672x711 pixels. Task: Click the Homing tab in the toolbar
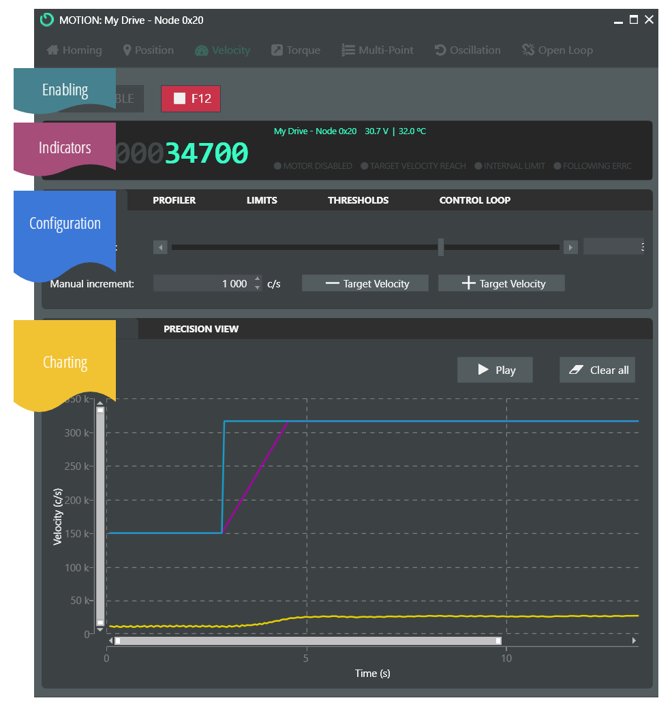coord(74,50)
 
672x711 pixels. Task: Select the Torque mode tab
coord(296,50)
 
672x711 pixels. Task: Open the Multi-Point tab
coord(378,50)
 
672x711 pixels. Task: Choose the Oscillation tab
coord(468,50)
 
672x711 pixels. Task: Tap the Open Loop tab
coord(558,50)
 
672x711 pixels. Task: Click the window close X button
coord(650,20)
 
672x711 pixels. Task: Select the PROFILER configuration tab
coord(174,200)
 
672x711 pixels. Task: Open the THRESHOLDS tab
coord(358,200)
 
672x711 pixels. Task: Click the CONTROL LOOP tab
coord(474,200)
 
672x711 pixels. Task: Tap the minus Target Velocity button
coord(365,283)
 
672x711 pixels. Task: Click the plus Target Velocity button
coord(502,283)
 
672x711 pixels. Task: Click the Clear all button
coord(598,370)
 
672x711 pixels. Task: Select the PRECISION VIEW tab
coord(201,329)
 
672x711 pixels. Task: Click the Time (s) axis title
coord(372,674)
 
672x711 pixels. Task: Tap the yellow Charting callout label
coord(65,362)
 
